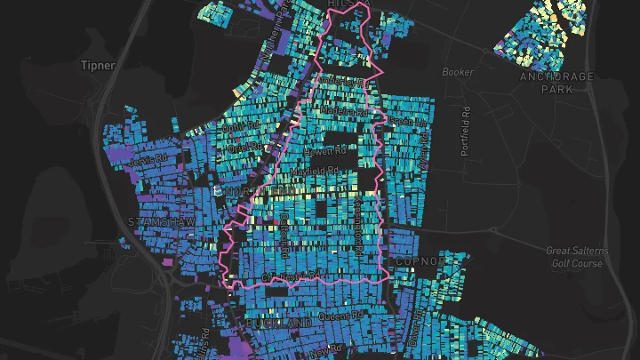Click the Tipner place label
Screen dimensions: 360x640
[98, 65]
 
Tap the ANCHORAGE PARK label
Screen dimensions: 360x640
[556, 83]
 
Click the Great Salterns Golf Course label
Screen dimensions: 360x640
[575, 257]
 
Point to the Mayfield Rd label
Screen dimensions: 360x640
[321, 170]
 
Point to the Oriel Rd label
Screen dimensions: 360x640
[241, 148]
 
